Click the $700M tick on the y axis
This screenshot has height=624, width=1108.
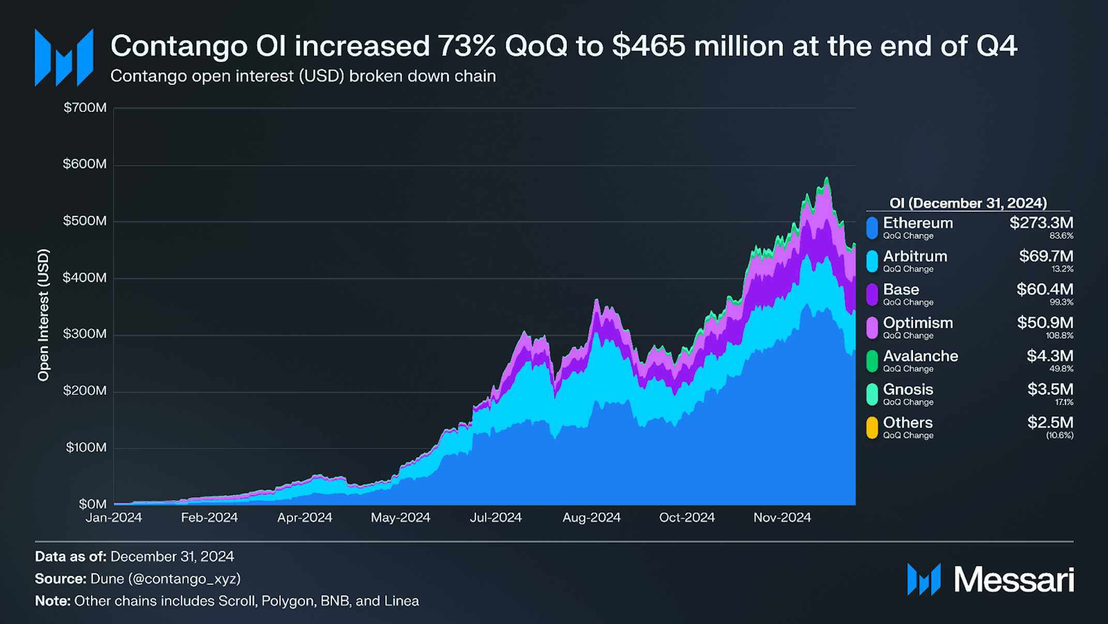pyautogui.click(x=85, y=108)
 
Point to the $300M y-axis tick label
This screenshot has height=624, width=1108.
pyautogui.click(x=85, y=334)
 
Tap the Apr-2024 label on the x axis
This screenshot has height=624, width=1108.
pyautogui.click(x=305, y=517)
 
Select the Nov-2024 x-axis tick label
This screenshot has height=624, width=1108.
pyautogui.click(x=782, y=517)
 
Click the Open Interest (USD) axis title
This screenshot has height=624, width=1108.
pyautogui.click(x=43, y=315)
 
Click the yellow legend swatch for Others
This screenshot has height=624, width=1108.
pyautogui.click(x=872, y=428)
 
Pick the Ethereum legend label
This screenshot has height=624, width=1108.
pyautogui.click(x=918, y=223)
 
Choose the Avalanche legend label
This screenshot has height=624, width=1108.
pyautogui.click(x=920, y=356)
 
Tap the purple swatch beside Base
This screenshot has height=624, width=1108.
pyautogui.click(x=872, y=295)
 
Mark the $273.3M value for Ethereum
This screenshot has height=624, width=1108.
pyautogui.click(x=1041, y=223)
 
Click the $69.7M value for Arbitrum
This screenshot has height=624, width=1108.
pyautogui.click(x=1046, y=256)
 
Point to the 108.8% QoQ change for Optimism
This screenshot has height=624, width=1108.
pyautogui.click(x=1059, y=336)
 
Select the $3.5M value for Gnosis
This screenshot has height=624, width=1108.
pyautogui.click(x=1050, y=389)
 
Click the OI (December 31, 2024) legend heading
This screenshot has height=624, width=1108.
pyautogui.click(x=968, y=203)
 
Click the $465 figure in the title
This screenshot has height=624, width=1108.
pyautogui.click(x=649, y=46)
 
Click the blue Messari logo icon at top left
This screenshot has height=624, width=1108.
pyautogui.click(x=64, y=57)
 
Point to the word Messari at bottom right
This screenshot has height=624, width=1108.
pyautogui.click(x=1014, y=579)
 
